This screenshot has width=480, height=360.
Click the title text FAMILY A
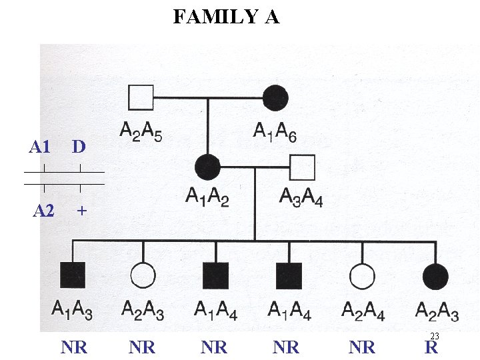click(226, 16)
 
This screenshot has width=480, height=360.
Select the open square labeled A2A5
click(141, 97)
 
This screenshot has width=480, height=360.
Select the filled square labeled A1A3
click(73, 275)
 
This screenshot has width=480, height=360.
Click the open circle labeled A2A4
click(362, 275)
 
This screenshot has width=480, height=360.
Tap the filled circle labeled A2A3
click(436, 275)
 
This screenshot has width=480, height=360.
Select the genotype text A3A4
click(301, 198)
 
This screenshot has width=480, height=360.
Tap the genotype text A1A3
click(73, 309)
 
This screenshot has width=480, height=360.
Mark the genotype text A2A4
click(363, 310)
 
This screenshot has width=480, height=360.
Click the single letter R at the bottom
click(431, 347)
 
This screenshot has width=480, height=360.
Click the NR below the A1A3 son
click(74, 347)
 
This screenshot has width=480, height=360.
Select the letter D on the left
click(79, 147)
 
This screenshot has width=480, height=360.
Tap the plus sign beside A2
click(81, 211)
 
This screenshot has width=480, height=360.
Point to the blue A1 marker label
click(40, 147)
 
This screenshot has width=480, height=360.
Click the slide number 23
click(435, 336)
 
